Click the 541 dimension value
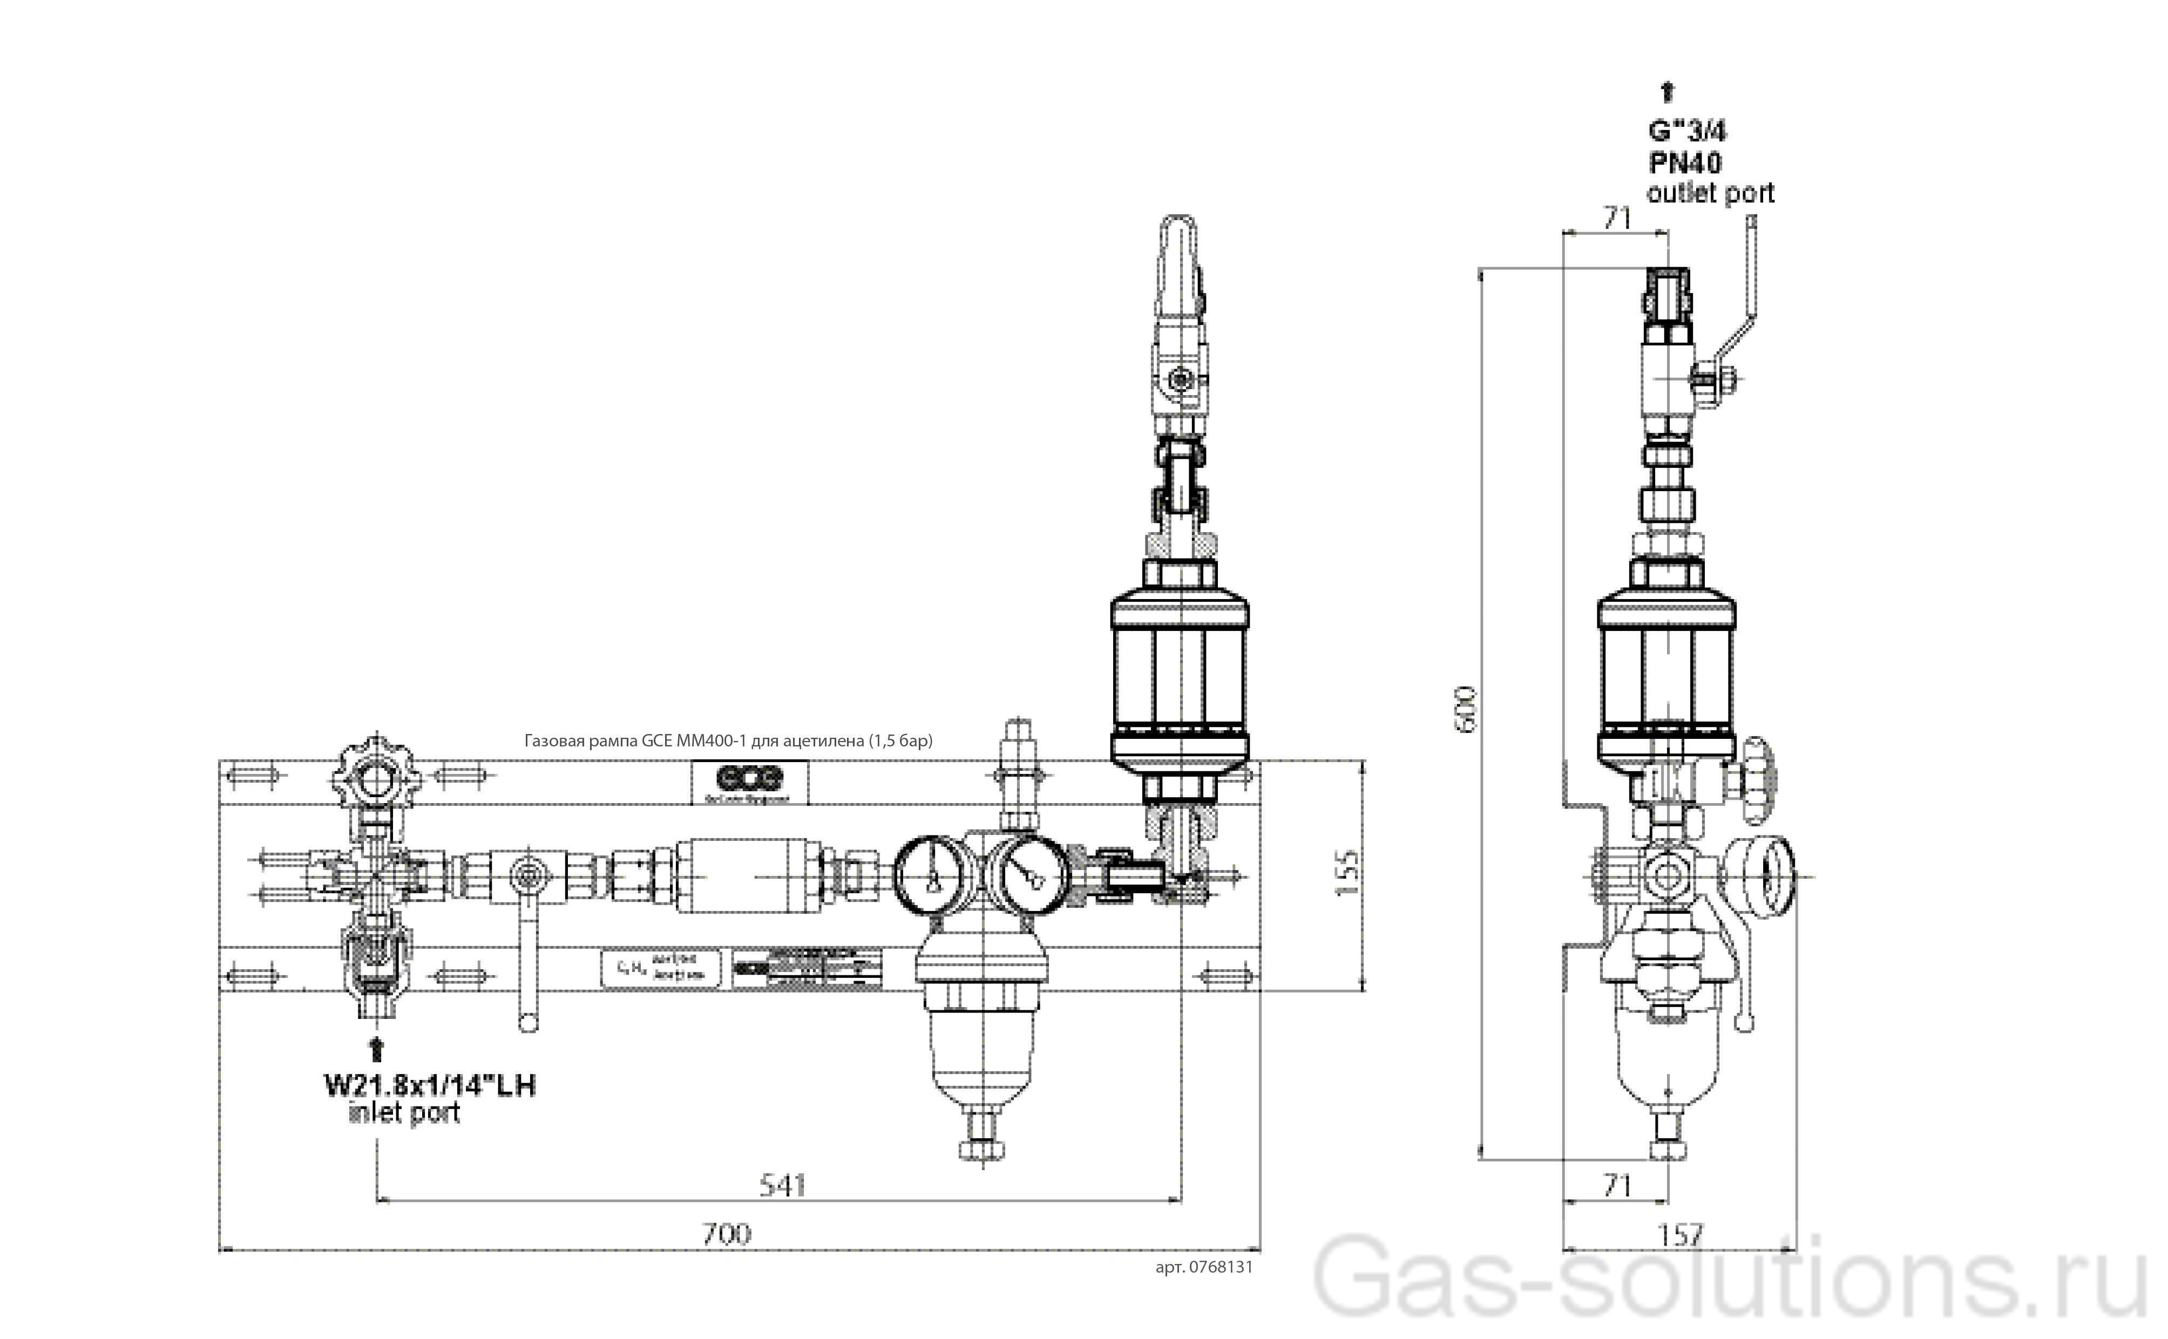pos(783,1185)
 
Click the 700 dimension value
pos(726,1234)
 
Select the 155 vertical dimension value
pos(1345,872)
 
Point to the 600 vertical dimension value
pos(1466,709)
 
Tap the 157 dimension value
pos(1680,1234)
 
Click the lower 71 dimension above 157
pos(1617,1185)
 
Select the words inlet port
pos(405,1113)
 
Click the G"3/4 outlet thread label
pos(1687,131)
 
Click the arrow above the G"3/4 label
pos(1668,91)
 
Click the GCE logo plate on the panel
pos(749,781)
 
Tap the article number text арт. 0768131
pos(1203,1266)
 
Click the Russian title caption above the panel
pos(728,740)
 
